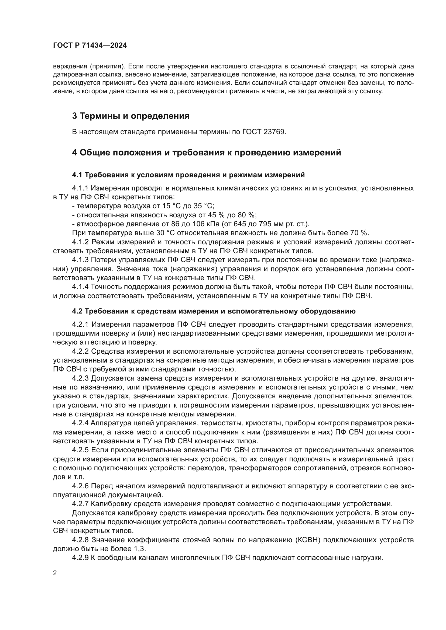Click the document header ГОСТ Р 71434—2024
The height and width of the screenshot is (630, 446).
tap(90, 46)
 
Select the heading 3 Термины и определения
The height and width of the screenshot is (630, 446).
tap(131, 116)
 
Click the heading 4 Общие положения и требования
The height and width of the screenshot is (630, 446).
tap(207, 152)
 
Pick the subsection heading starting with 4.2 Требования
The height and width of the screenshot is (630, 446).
tap(214, 311)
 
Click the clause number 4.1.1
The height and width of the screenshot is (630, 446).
tap(80, 188)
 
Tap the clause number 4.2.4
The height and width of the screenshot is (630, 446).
tap(80, 423)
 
